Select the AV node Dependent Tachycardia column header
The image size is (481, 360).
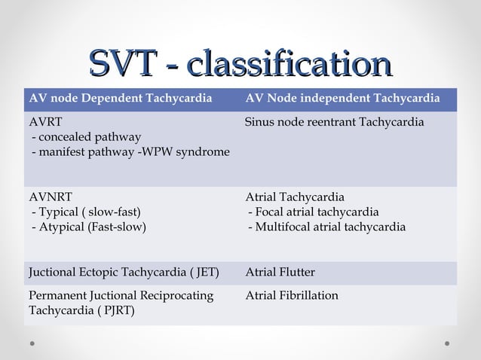120,99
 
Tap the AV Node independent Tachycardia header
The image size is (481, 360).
343,99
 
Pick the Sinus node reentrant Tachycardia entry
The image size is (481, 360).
335,122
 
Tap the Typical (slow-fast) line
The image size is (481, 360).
85,212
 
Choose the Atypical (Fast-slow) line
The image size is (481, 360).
88,227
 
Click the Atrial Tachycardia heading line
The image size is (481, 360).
295,197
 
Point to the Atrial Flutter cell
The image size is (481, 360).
280,272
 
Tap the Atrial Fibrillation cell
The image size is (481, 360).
292,295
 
